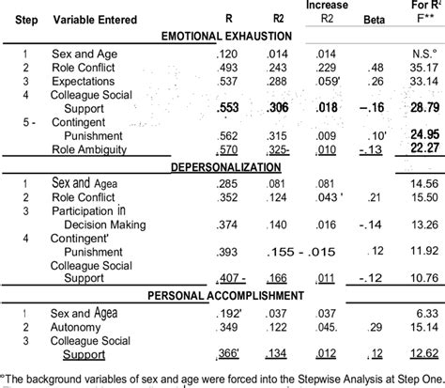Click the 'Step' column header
(19, 18)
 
